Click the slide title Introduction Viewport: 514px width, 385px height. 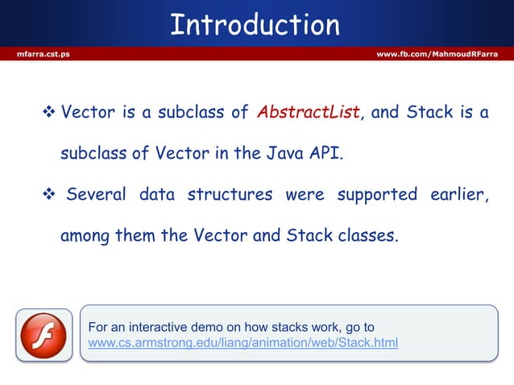[x=255, y=25]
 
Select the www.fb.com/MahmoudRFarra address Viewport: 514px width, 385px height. [x=437, y=54]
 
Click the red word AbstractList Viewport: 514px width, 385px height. [x=308, y=113]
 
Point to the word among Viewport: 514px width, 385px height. [x=87, y=237]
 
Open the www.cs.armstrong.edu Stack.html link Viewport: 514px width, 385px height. [x=242, y=344]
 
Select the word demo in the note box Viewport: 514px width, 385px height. [x=199, y=327]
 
